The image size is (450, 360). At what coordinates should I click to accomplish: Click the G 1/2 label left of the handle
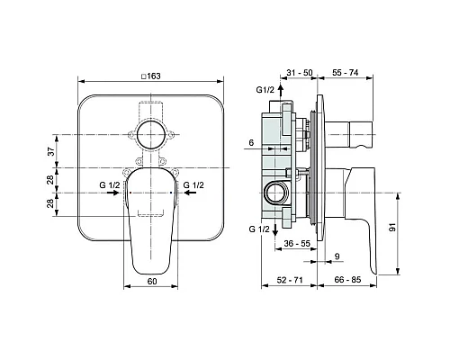111,185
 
